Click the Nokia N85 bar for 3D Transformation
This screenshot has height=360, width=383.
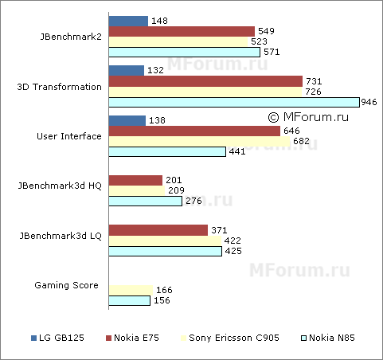point(233,102)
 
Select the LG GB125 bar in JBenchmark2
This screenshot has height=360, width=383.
point(128,21)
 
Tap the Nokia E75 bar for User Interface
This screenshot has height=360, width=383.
point(194,131)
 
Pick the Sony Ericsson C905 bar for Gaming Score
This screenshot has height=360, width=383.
point(131,290)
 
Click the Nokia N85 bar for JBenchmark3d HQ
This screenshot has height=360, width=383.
point(146,202)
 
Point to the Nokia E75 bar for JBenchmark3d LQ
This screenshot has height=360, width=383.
point(158,230)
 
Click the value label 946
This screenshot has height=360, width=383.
point(369,102)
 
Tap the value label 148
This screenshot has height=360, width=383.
point(158,21)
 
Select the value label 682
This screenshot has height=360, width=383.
point(303,141)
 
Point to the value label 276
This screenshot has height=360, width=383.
point(193,202)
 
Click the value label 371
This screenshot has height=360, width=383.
point(219,230)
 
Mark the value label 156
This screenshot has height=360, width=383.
point(161,300)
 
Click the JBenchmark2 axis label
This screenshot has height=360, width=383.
point(70,37)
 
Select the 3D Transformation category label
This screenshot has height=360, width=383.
point(59,87)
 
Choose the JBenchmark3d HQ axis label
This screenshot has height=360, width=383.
point(60,186)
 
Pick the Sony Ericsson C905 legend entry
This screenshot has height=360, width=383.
point(234,338)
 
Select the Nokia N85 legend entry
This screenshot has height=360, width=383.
point(329,338)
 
